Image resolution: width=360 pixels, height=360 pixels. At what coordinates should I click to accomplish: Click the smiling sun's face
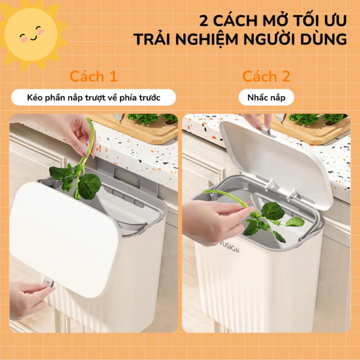(x=31, y=34)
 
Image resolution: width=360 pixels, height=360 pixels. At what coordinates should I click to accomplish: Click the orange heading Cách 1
(x=93, y=76)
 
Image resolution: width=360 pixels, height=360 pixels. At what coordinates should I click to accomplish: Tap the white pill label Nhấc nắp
(x=266, y=97)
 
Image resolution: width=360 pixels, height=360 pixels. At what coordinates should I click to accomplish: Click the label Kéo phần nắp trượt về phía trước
(x=94, y=97)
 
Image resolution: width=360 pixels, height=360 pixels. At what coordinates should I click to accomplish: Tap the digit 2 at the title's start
(x=204, y=21)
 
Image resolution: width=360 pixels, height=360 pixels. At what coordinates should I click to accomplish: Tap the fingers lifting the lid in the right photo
(x=258, y=121)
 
